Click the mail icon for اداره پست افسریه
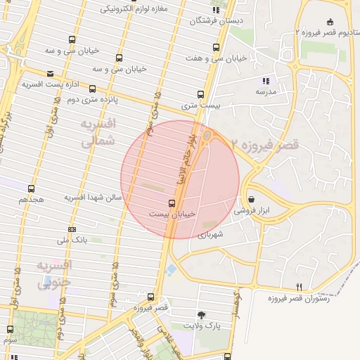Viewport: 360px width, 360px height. [49, 74]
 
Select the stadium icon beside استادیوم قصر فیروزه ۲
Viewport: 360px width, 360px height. [331, 22]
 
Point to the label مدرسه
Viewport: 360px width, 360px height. [265, 92]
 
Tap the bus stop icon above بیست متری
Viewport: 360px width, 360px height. [201, 94]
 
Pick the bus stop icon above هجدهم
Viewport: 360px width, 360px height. [31, 188]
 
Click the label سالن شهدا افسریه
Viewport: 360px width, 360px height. [94, 198]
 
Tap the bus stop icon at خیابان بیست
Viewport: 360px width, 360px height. [172, 202]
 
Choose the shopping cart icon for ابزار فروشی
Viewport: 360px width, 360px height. [252, 200]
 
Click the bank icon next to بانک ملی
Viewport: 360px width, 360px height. [72, 229]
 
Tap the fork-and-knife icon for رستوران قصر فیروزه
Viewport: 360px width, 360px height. [299, 287]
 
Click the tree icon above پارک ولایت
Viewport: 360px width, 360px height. [202, 315]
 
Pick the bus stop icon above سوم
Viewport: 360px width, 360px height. [10, 329]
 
